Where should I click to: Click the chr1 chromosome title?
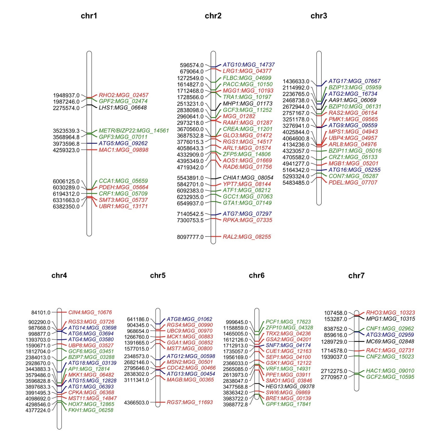click(x=89, y=16)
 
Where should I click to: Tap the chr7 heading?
click(x=356, y=276)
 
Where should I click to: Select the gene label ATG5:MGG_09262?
click(x=123, y=143)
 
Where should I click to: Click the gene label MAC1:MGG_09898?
click(x=123, y=150)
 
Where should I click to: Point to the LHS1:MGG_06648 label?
click(x=123, y=108)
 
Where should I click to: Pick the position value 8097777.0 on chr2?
click(x=190, y=237)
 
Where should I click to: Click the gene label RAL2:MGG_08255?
click(x=247, y=237)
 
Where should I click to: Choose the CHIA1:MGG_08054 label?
click(x=248, y=178)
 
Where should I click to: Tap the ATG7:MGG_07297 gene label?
click(x=247, y=214)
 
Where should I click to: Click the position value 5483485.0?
click(x=296, y=183)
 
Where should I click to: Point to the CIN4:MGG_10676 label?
click(x=90, y=312)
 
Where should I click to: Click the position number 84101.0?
click(x=41, y=312)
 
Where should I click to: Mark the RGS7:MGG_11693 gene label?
click(x=190, y=402)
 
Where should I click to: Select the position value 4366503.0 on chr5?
click(x=137, y=403)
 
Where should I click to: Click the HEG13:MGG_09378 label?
click(x=290, y=387)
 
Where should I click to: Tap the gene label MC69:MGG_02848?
click(x=390, y=341)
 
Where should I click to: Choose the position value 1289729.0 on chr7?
click(x=334, y=342)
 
